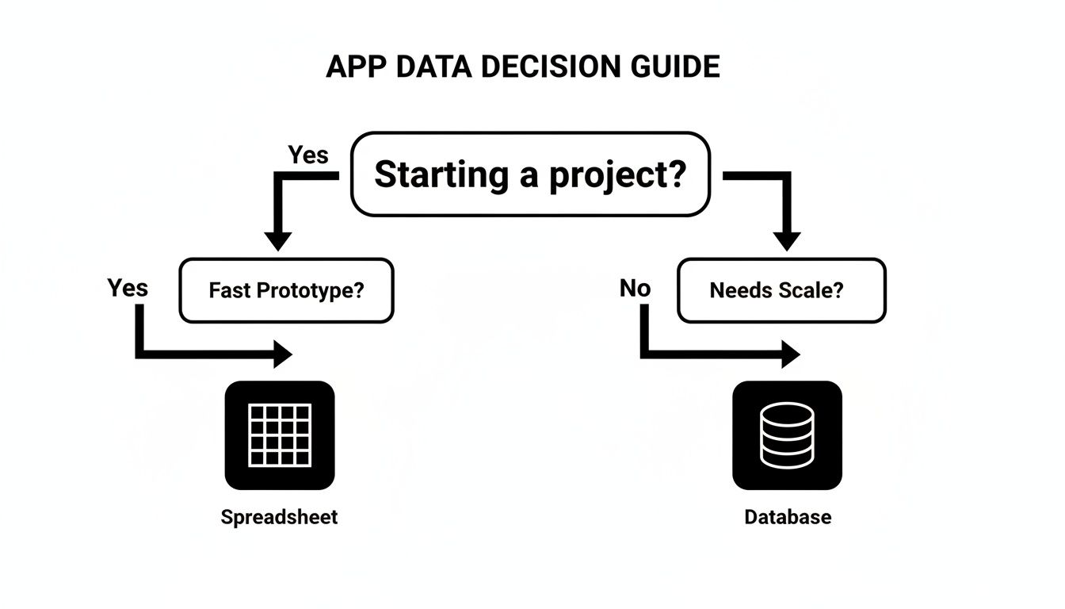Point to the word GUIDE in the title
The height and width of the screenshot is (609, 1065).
pos(675,67)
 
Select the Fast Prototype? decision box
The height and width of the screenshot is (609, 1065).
pos(286,290)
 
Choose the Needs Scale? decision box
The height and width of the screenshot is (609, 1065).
pos(781,290)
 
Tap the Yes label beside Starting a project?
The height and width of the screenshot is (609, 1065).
pos(307,155)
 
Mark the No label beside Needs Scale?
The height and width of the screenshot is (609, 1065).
pos(635,288)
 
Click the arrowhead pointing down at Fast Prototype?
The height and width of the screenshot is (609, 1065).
pos(278,240)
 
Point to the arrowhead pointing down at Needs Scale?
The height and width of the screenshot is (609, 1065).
pos(787,240)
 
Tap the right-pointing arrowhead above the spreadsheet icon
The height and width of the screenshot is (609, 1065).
pos(282,353)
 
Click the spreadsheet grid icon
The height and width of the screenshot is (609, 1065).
pos(280,435)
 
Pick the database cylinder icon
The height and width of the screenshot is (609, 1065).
pos(787,435)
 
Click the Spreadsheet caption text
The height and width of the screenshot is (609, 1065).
pos(279,518)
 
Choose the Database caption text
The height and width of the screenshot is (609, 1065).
pos(788,518)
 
